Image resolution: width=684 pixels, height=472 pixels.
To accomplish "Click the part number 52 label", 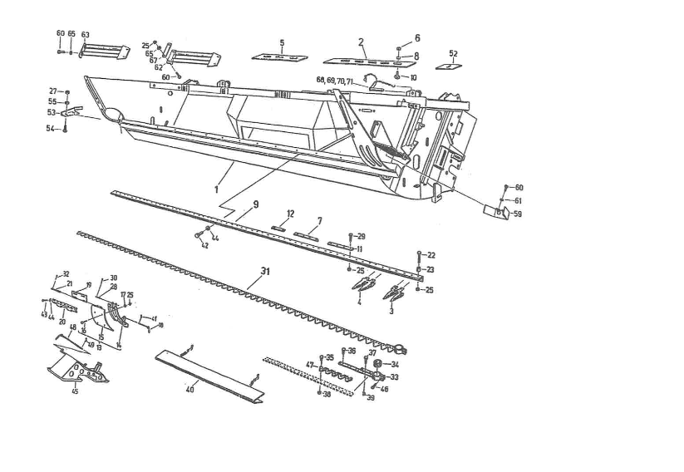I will pos(453,52).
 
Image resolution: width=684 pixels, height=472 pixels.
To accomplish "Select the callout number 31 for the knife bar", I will pos(265,271).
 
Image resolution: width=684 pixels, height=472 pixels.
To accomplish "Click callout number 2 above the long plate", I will pos(362,41).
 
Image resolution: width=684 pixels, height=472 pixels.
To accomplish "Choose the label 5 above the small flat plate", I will pos(282,42).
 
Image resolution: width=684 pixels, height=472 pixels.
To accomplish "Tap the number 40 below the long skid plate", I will pos(189,389).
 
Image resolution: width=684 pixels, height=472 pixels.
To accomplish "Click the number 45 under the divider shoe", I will pos(75,391).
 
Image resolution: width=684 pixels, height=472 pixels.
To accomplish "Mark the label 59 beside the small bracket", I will pos(518,214).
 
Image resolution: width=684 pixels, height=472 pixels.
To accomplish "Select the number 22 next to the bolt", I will pos(431,255).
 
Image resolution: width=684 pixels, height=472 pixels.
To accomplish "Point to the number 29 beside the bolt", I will pos(361,237).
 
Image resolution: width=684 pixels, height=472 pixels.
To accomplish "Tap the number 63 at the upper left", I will pos(85,34).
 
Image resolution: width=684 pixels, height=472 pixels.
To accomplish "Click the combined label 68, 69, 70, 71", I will pos(335,80).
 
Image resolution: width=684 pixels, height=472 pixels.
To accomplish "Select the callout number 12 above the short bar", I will pos(290,214).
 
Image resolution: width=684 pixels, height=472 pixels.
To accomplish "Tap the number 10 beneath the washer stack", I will pos(413,77).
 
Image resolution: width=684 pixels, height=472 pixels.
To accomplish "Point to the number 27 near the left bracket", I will pos(52,91).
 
